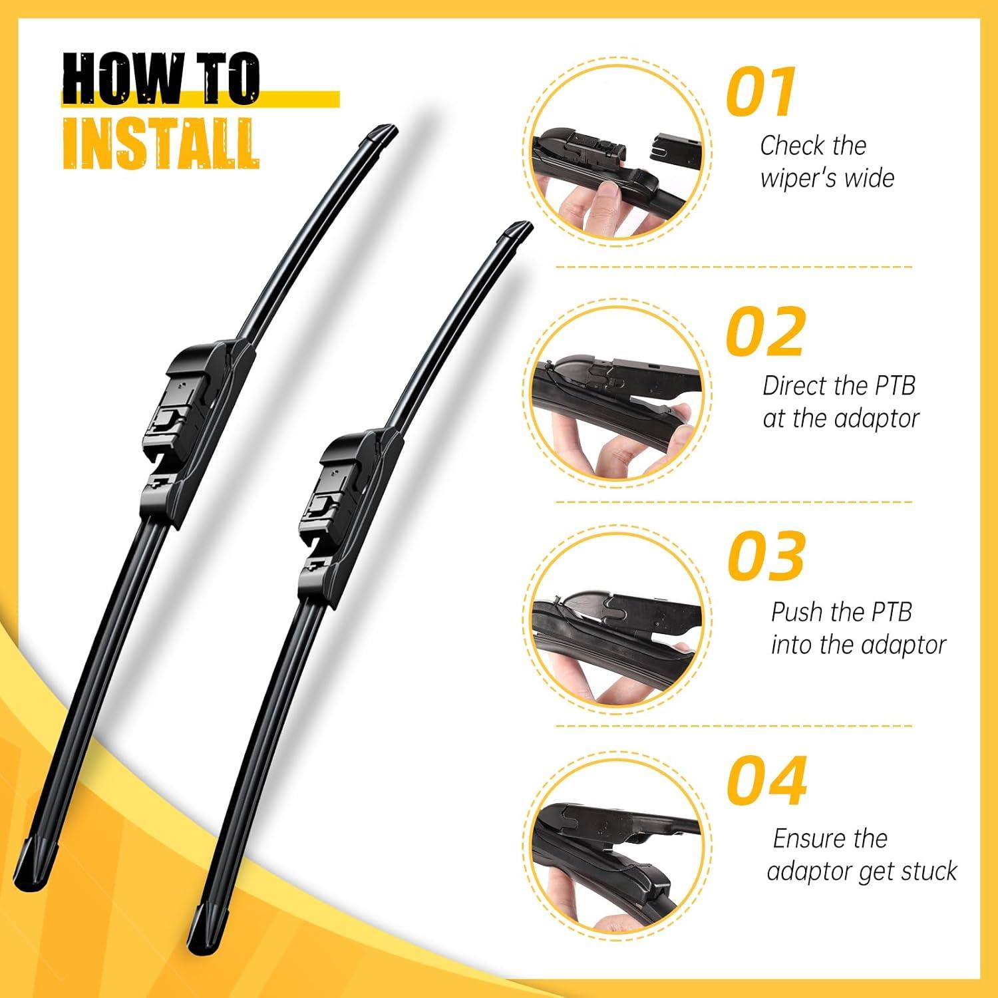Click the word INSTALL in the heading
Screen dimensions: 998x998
click(x=160, y=144)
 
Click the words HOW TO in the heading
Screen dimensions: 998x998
click(x=160, y=79)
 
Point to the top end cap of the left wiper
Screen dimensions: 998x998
click(x=379, y=136)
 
